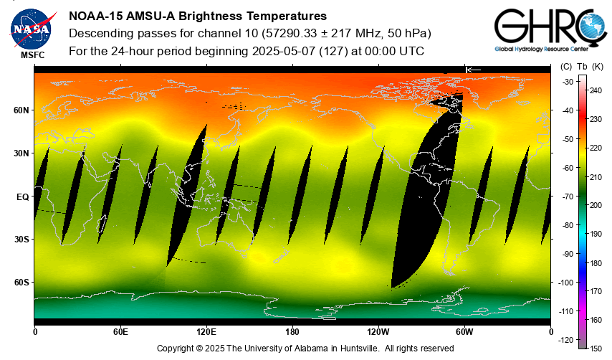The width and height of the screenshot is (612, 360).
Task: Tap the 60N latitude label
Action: click(21, 110)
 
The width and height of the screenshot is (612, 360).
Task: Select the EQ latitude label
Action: click(22, 196)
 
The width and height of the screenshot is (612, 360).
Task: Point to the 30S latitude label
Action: click(21, 240)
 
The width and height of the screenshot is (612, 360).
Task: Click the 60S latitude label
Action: click(21, 283)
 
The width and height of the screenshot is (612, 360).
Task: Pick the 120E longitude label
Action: click(206, 332)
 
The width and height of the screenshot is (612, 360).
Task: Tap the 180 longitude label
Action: click(292, 332)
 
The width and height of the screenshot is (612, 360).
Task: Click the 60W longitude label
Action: click(464, 332)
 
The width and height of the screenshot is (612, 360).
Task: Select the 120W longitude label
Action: click(378, 332)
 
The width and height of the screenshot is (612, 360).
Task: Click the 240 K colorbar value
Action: click(596, 91)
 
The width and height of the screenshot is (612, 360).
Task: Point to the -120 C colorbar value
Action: click(565, 339)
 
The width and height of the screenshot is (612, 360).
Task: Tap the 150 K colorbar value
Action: click(596, 348)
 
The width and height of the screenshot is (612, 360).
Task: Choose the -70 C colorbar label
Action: click(567, 196)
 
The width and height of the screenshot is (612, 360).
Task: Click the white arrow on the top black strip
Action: click(473, 69)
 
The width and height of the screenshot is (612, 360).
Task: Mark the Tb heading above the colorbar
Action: click(581, 67)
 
